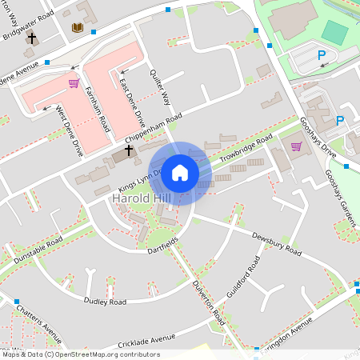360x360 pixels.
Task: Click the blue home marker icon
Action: (181, 172)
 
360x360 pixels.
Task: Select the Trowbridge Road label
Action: (246, 149)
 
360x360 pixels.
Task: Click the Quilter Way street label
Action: (161, 86)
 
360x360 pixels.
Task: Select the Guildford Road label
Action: (242, 280)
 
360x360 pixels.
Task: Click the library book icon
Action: (77, 28)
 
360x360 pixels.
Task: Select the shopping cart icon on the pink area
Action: (74, 82)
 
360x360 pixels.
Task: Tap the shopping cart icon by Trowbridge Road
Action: (296, 146)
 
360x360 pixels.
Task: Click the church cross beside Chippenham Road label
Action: (129, 150)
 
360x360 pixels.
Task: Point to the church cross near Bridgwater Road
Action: (32, 38)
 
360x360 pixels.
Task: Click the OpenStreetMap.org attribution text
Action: (103, 354)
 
